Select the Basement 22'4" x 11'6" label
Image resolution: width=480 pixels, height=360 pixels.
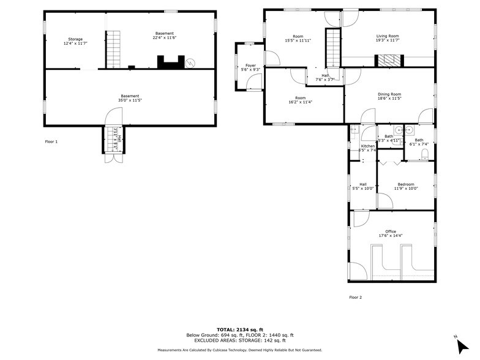(x=164, y=36)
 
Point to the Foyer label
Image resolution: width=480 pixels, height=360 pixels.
(x=250, y=67)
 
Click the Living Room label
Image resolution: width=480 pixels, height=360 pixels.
(x=387, y=38)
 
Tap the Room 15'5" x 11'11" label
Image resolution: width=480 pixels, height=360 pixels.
(x=298, y=39)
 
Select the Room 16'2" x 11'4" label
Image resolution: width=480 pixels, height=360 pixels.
(x=300, y=100)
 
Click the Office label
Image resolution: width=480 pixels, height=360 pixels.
(x=390, y=233)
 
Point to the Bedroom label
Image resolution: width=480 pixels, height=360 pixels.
(x=405, y=186)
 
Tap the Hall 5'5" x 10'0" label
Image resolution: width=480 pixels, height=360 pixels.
(x=362, y=186)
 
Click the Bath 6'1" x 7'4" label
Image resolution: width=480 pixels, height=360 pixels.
(x=419, y=142)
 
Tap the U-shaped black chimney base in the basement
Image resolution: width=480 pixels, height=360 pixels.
(x=170, y=62)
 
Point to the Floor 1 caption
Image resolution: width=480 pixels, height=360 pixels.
(x=51, y=141)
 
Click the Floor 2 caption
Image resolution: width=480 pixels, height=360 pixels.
(x=356, y=297)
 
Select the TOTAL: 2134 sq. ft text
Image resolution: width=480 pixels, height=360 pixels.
(x=240, y=329)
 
